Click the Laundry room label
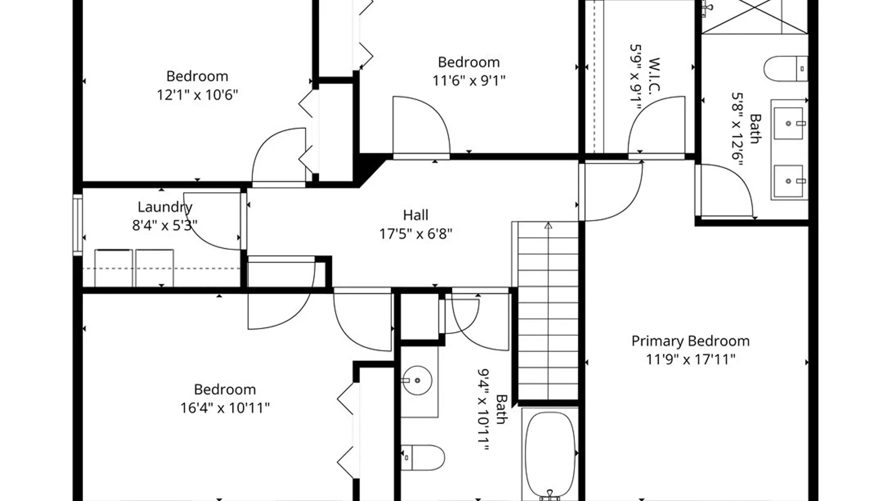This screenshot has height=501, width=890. [x=165, y=207]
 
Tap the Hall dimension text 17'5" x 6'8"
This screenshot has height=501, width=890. [x=415, y=234]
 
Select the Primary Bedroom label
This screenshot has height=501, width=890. [x=690, y=341]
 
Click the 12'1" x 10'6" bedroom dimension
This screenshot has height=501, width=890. [x=197, y=95]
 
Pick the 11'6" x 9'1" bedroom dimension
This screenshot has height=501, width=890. [x=469, y=81]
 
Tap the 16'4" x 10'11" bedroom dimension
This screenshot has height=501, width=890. [x=225, y=408]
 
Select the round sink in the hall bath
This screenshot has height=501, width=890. [x=417, y=380]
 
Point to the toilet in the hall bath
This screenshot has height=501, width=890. [x=423, y=458]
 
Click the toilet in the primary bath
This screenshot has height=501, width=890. [x=786, y=69]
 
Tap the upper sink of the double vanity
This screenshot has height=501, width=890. [x=788, y=123]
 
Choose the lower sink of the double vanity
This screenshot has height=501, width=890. [x=788, y=181]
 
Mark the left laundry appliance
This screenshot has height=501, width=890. [x=114, y=268]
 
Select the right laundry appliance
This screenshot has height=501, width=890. [x=154, y=268]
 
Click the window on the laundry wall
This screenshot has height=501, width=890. [x=77, y=225]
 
